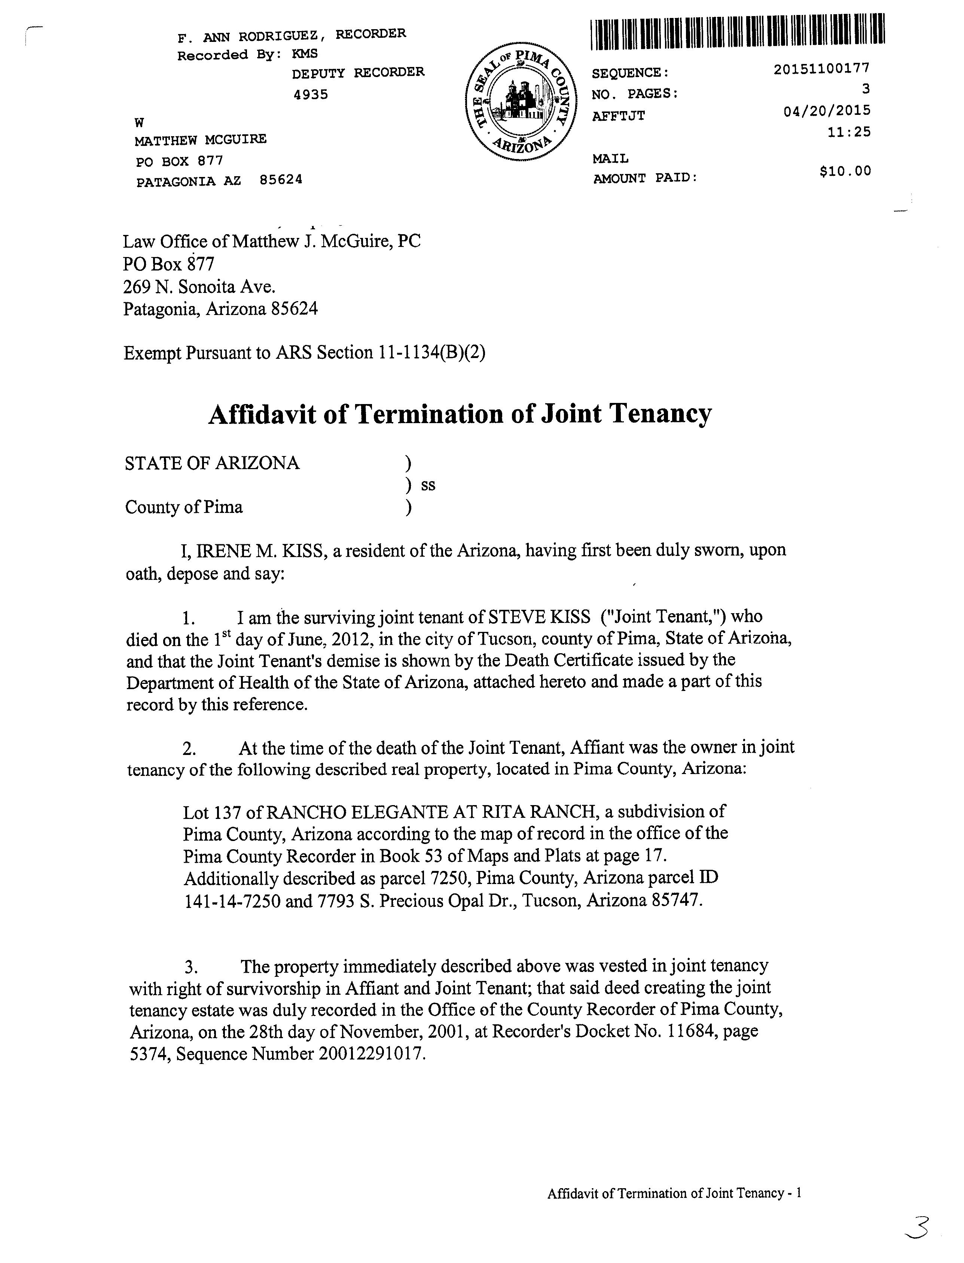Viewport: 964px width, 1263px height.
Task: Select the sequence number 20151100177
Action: [x=822, y=68]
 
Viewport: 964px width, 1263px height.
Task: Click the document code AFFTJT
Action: [x=619, y=116]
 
